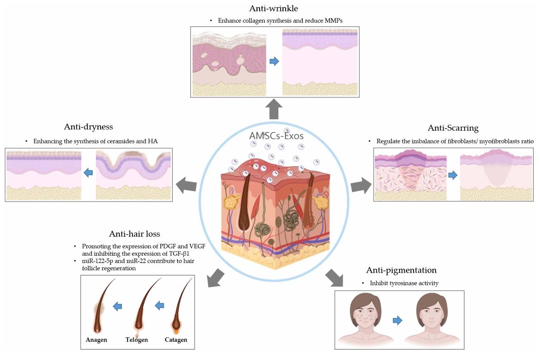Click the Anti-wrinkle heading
point(274,8)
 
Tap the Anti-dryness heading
point(88,127)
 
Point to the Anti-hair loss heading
point(134,234)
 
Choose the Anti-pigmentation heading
point(401,270)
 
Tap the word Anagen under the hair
point(96,340)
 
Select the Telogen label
point(137,340)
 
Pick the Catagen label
point(176,340)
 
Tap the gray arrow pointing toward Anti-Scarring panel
point(358,185)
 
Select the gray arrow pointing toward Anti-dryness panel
point(186,185)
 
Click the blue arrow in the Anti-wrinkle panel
point(274,62)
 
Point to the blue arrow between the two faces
point(397,320)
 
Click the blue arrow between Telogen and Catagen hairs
point(159,305)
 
